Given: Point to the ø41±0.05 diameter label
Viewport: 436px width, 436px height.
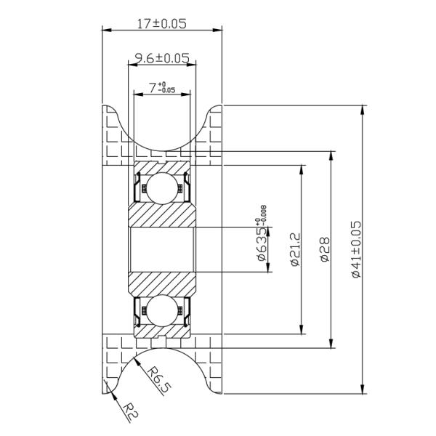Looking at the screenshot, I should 355,249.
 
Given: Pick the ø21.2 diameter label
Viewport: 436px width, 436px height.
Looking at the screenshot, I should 294,249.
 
